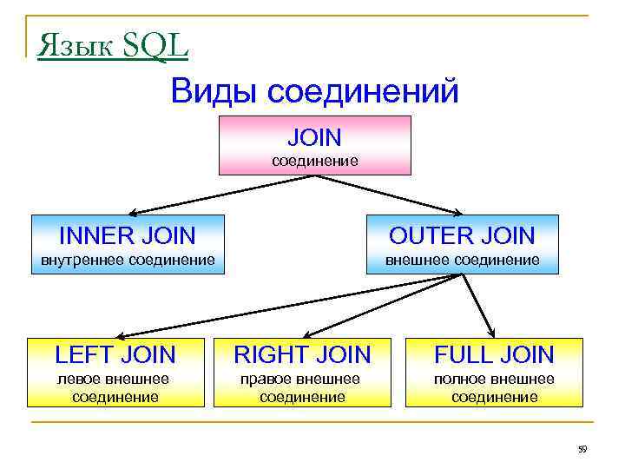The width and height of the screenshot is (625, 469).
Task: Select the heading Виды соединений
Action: (314, 91)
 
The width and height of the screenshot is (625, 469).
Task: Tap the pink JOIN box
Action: (314, 145)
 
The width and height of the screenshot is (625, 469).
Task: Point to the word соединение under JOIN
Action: (315, 161)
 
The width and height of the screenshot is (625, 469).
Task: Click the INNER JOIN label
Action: (127, 234)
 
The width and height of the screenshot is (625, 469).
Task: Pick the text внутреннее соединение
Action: (128, 260)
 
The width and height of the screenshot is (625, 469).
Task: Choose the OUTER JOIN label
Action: (462, 234)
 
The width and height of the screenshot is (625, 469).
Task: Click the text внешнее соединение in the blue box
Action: (462, 260)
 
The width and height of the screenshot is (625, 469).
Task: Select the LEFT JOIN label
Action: (115, 354)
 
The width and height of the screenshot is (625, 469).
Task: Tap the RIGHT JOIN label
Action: (303, 354)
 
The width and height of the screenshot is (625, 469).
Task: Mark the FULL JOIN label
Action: (494, 354)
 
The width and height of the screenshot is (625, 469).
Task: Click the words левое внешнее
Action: (113, 379)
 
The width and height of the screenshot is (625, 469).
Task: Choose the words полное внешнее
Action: (494, 379)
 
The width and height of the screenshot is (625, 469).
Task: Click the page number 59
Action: (582, 449)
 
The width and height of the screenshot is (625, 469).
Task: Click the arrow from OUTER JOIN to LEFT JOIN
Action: (286, 305)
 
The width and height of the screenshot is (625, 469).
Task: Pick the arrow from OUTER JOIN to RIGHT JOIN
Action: (382, 305)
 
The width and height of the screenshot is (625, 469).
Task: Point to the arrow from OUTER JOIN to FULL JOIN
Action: (478, 305)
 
